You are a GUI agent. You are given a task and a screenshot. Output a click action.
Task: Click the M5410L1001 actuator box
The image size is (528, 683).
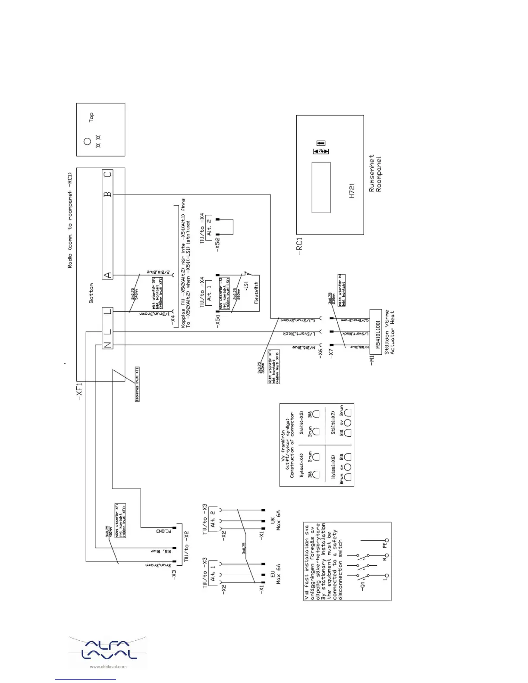point(376,335)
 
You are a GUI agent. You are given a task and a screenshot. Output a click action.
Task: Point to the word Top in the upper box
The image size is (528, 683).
point(91,117)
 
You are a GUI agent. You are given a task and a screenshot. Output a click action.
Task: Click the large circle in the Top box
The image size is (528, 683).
point(88,141)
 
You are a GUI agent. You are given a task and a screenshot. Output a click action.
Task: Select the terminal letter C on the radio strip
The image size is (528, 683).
point(107,174)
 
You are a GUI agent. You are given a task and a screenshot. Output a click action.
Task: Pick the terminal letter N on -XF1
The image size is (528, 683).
point(107,345)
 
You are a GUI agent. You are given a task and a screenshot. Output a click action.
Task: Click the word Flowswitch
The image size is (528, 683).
point(256,293)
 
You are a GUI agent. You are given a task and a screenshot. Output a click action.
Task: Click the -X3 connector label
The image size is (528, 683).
point(174,575)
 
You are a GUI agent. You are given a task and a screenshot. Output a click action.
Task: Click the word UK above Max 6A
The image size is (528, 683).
point(273,521)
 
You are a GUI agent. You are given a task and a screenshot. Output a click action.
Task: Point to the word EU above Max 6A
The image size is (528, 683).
point(273,575)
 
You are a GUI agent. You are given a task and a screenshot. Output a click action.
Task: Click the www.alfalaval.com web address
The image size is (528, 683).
point(108,667)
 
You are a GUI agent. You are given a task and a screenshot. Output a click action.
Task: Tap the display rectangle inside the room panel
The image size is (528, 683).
point(321,187)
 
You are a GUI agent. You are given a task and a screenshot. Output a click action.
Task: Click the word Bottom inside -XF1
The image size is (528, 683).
point(91,293)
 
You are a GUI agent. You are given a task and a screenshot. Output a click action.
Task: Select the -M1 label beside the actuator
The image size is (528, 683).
point(372,360)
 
